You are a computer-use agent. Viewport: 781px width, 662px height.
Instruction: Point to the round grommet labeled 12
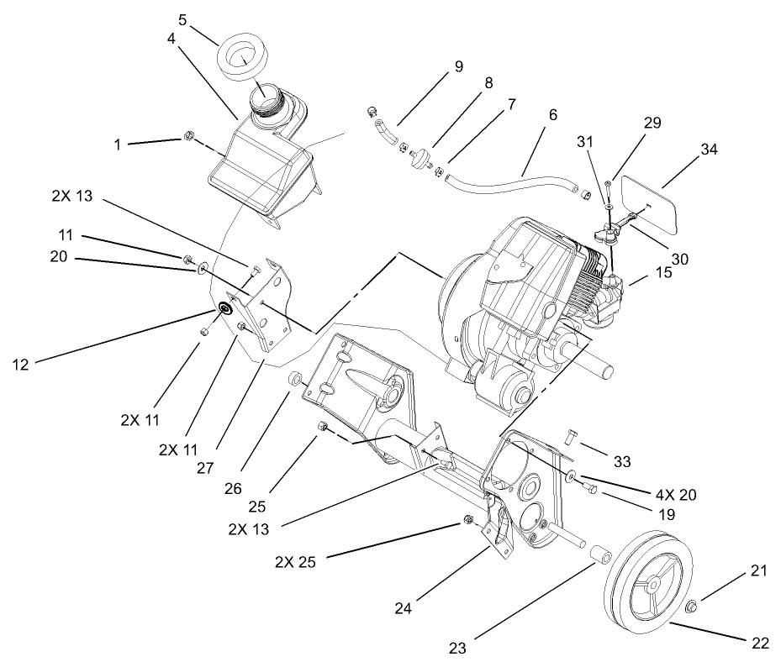coord(225,308)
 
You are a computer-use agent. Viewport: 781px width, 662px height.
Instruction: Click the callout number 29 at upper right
coord(652,123)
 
